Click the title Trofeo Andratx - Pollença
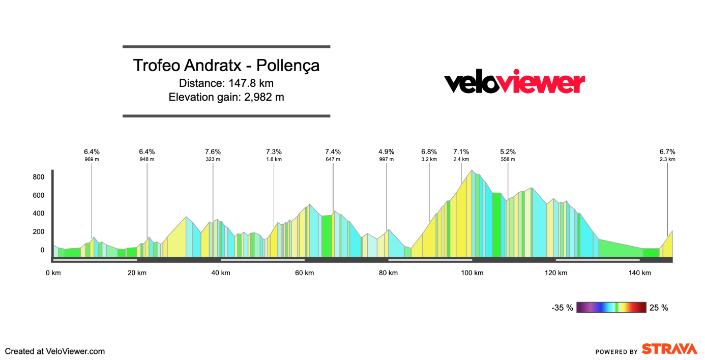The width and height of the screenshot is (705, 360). [226, 66]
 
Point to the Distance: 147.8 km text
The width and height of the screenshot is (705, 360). [226, 83]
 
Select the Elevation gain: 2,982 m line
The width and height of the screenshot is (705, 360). [226, 97]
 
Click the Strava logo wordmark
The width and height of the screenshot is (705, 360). [669, 349]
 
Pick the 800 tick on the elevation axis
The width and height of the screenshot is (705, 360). [39, 177]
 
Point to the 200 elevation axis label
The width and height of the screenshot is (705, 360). [39, 232]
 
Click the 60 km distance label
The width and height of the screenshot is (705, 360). [304, 273]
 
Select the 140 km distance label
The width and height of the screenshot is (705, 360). [639, 273]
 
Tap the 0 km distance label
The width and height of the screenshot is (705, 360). [53, 273]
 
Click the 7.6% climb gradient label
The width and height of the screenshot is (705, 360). [213, 152]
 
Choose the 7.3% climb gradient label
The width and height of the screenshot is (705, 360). [274, 152]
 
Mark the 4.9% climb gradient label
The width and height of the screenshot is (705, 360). [386, 152]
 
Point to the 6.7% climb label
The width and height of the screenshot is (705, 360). [667, 152]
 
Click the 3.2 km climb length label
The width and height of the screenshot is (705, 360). [429, 159]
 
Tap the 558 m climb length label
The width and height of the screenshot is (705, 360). [508, 159]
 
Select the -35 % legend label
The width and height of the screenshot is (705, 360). [562, 308]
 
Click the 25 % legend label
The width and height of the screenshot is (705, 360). [659, 308]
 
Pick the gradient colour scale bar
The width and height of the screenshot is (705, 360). [611, 308]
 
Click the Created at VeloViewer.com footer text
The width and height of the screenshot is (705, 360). [55, 351]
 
